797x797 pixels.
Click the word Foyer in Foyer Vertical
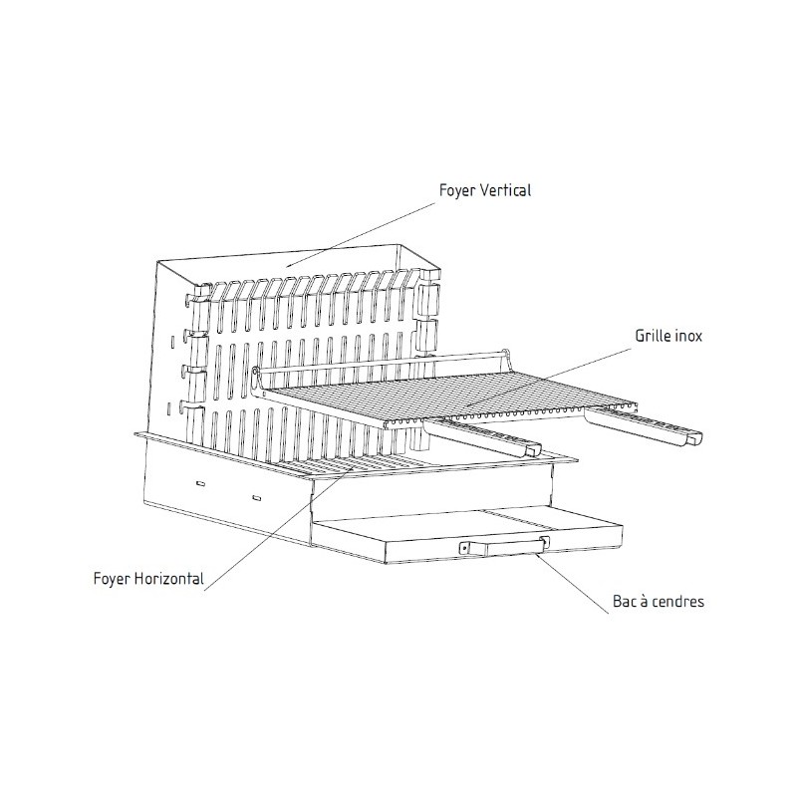tap(457, 191)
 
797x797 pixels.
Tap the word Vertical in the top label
tap(506, 190)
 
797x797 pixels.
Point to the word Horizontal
tap(170, 579)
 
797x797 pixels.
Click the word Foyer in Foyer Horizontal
tap(112, 579)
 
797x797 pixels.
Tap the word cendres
tap(678, 602)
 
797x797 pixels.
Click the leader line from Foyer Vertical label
tap(360, 235)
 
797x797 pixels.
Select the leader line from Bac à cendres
tap(572, 584)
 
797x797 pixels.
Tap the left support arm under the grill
tap(482, 437)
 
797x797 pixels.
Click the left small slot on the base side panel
tap(201, 483)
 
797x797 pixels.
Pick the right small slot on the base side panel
tap(257, 497)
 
